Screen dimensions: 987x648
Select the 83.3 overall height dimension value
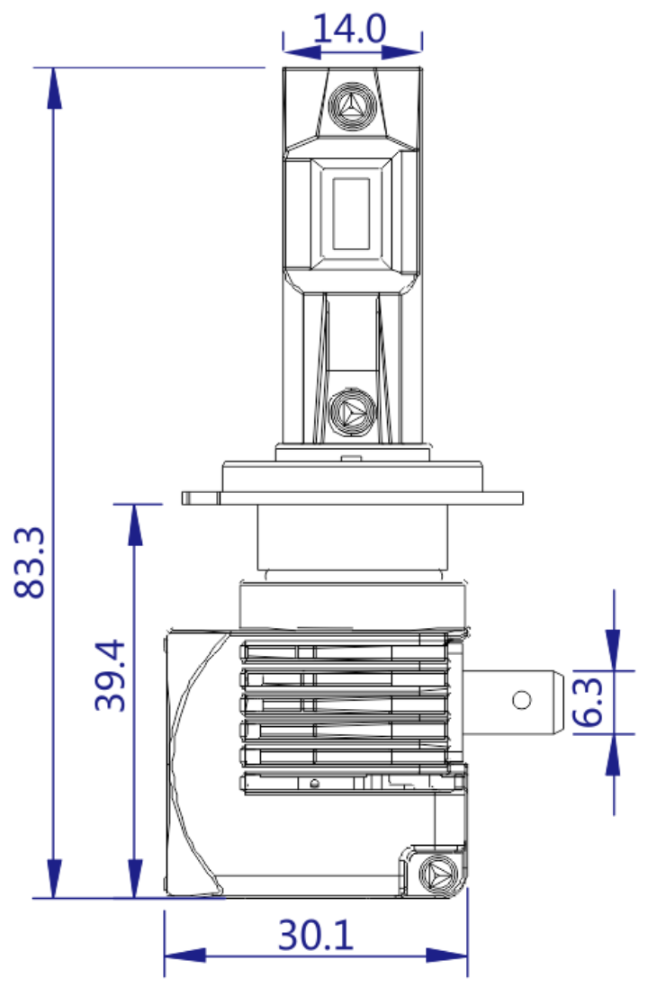(x=33, y=562)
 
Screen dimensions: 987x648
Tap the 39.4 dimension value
(x=112, y=676)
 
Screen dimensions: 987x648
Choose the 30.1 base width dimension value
(x=315, y=938)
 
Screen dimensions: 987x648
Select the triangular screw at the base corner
(x=440, y=872)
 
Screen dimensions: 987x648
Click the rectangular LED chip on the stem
(x=351, y=213)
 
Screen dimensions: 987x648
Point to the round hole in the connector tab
(x=522, y=700)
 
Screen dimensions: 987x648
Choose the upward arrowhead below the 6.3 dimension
(x=613, y=754)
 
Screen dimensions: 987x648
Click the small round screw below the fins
(x=313, y=782)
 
